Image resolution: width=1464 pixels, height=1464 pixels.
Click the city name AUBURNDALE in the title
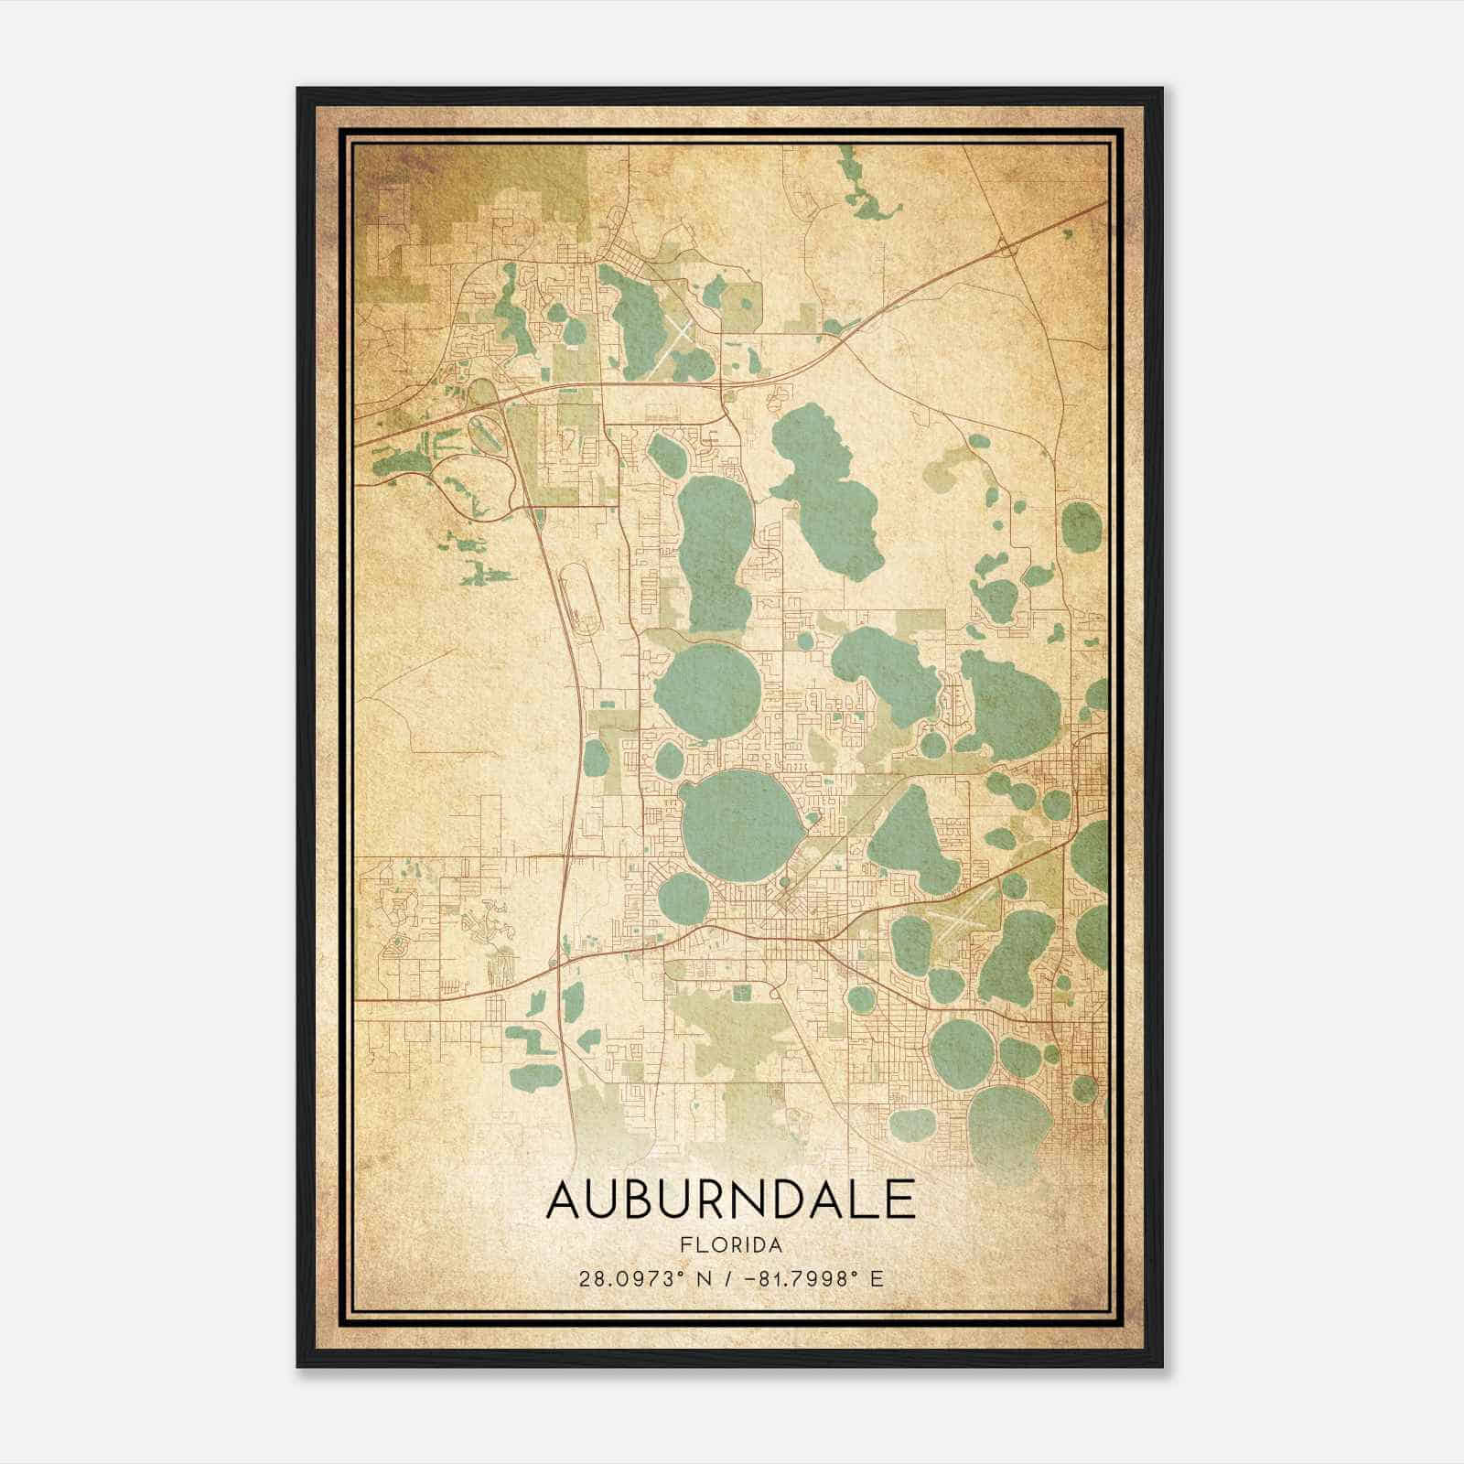click(730, 1200)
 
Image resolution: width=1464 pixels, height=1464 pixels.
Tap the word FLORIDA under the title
click(731, 1245)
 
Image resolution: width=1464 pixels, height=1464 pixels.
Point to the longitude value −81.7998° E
click(813, 1279)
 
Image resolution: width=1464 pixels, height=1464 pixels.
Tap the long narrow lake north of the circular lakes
click(714, 549)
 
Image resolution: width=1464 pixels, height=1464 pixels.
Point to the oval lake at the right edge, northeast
click(1082, 527)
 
